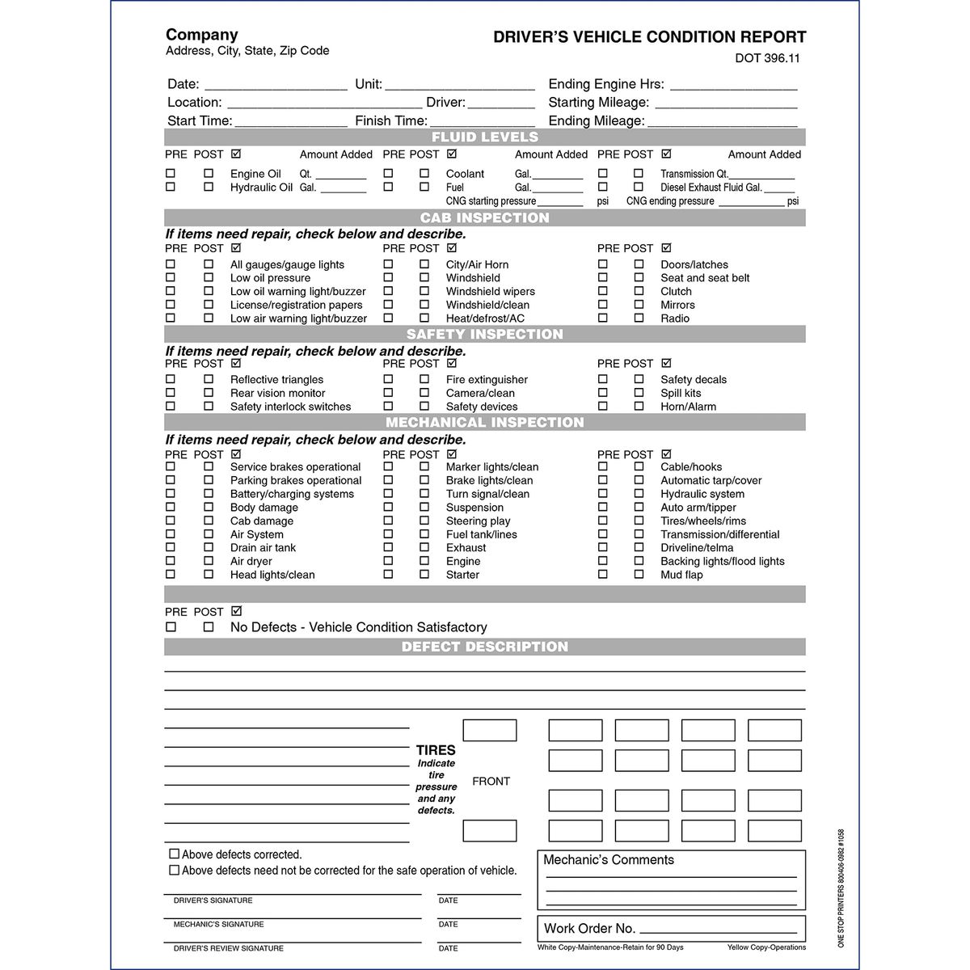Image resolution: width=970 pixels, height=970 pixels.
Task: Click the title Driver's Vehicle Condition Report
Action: coord(649,37)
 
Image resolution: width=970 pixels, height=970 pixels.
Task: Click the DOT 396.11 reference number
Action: coord(767,58)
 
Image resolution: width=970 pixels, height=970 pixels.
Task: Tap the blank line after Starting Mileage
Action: coord(725,103)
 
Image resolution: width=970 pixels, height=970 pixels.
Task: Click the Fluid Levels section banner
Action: coord(484,137)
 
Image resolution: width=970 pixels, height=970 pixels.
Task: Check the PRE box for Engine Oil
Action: coord(171,173)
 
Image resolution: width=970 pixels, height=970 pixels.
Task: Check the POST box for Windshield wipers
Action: coord(424,291)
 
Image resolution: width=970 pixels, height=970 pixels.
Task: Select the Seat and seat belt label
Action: coord(704,278)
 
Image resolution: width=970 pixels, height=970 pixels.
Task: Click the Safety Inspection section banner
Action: coord(484,335)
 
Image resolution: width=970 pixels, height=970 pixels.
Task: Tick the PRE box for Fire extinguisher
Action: coord(388,379)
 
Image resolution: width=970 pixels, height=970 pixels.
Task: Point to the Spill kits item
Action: coord(680,393)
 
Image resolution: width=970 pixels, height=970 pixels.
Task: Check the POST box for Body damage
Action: coord(209,507)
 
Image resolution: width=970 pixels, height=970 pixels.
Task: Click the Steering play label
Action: coord(478,521)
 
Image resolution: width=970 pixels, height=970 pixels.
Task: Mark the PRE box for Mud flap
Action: coord(602,575)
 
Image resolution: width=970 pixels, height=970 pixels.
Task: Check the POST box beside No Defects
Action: coord(209,626)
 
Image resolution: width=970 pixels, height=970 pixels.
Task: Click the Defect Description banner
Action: coord(484,647)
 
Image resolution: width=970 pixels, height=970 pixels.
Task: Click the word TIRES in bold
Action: coord(436,750)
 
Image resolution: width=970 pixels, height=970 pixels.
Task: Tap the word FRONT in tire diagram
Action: coord(491,782)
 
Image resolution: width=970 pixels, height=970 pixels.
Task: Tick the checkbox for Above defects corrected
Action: coord(174,854)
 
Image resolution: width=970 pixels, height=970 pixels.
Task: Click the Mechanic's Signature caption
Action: coord(218,924)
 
